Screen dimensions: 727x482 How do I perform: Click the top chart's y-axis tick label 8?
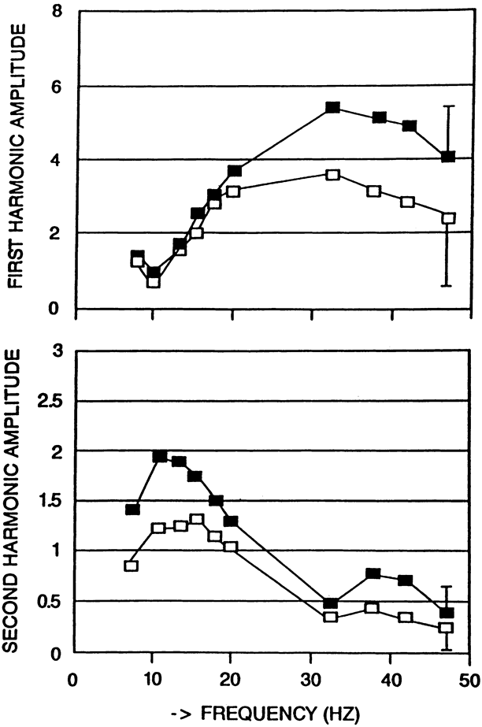pyautogui.click(x=54, y=12)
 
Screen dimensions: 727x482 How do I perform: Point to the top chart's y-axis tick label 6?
pyautogui.click(x=54, y=86)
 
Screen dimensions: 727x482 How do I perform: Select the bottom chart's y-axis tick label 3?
pyautogui.click(x=54, y=351)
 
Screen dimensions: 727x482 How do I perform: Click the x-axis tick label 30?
pyautogui.click(x=310, y=680)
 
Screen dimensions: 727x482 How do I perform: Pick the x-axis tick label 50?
pyautogui.click(x=468, y=680)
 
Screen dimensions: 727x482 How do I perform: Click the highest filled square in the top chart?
pyautogui.click(x=332, y=107)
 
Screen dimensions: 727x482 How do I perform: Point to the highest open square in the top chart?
pyautogui.click(x=332, y=175)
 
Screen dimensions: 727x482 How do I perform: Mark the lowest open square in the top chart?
pyautogui.click(x=154, y=281)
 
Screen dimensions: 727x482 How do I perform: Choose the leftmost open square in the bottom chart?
pyautogui.click(x=132, y=566)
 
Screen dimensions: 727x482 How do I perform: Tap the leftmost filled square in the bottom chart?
pyautogui.click(x=132, y=510)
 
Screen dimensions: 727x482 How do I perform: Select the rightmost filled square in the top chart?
pyautogui.click(x=449, y=157)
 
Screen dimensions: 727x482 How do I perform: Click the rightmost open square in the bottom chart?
pyautogui.click(x=447, y=628)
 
